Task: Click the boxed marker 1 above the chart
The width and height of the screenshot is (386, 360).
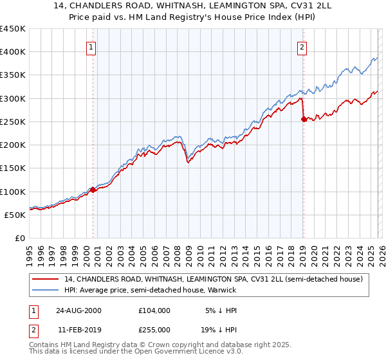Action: [91, 47]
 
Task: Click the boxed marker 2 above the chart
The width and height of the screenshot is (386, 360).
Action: [302, 47]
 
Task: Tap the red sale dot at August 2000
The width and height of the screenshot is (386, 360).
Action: [93, 190]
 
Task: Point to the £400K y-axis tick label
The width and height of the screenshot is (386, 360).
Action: [13, 52]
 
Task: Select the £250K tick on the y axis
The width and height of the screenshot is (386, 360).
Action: [13, 122]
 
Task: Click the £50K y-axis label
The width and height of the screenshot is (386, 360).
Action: [15, 215]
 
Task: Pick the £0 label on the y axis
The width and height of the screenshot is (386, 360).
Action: [21, 238]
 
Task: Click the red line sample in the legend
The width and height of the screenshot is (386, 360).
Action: [46, 279]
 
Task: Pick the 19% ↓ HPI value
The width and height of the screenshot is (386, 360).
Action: [219, 330]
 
